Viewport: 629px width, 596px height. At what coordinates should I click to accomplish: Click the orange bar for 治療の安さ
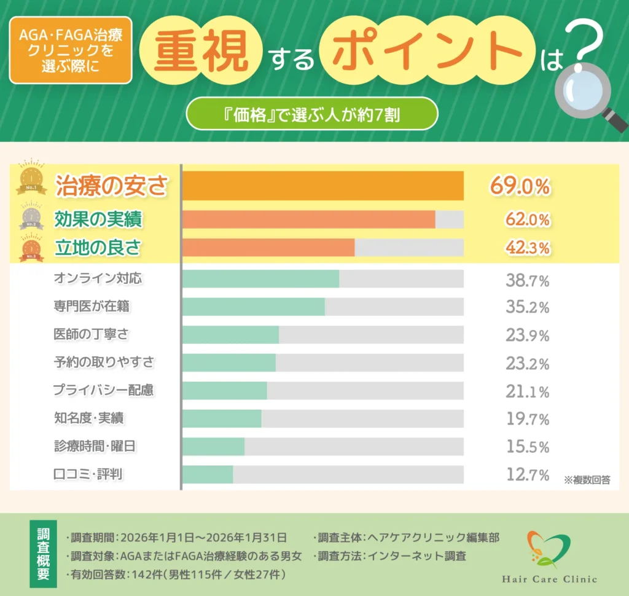(x=323, y=186)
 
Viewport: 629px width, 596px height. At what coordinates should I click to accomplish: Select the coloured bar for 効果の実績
(x=309, y=219)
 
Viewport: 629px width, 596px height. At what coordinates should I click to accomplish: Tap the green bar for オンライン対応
(x=261, y=278)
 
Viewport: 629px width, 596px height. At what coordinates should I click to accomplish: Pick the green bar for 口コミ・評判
(x=208, y=474)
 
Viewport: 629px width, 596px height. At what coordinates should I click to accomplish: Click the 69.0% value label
(x=519, y=186)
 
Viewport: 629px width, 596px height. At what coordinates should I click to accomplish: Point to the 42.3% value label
(x=527, y=248)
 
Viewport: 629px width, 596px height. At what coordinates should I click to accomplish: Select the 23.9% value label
(x=527, y=335)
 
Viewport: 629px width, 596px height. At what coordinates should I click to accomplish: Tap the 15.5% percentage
(x=527, y=447)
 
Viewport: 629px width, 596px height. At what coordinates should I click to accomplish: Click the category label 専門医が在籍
(x=92, y=306)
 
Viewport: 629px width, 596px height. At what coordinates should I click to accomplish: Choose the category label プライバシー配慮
(x=103, y=390)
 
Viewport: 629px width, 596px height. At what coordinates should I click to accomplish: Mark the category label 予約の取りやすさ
(x=104, y=362)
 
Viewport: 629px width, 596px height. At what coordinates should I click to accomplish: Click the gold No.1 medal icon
(x=31, y=178)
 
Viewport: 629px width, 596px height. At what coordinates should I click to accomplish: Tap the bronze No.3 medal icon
(x=31, y=248)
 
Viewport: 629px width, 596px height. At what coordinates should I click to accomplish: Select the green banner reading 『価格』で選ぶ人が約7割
(x=311, y=114)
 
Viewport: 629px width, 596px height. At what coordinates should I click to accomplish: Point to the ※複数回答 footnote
(x=587, y=480)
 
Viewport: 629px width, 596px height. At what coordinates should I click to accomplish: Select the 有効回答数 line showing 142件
(x=175, y=574)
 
